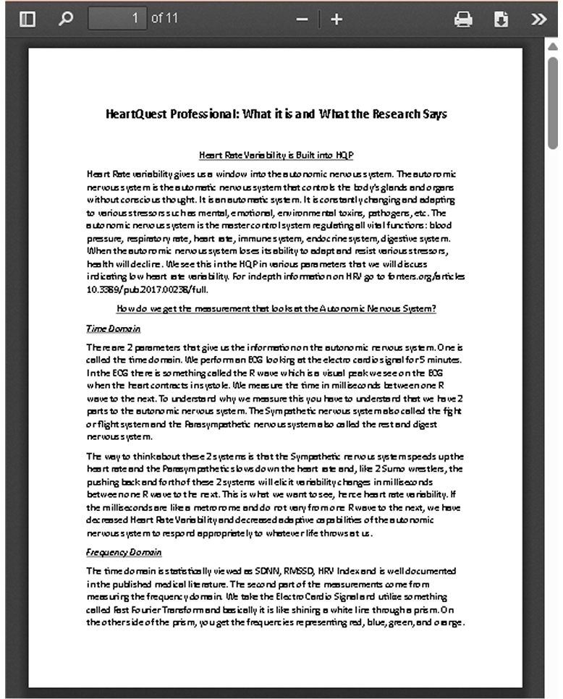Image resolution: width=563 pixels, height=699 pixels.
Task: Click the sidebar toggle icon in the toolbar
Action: (x=27, y=19)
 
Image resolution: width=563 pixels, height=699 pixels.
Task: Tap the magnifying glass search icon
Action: (x=66, y=19)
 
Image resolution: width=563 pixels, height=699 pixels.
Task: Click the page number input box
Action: (x=117, y=19)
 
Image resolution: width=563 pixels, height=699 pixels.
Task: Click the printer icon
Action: (x=463, y=20)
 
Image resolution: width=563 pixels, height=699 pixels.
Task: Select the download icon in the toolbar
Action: (x=501, y=20)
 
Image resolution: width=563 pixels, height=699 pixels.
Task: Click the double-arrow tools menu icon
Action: (x=538, y=20)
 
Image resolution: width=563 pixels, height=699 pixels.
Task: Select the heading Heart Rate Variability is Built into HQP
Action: (x=276, y=155)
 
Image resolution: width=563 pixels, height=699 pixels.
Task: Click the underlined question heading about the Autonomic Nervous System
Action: (x=276, y=309)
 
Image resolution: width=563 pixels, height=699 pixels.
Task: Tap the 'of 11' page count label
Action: (x=164, y=19)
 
